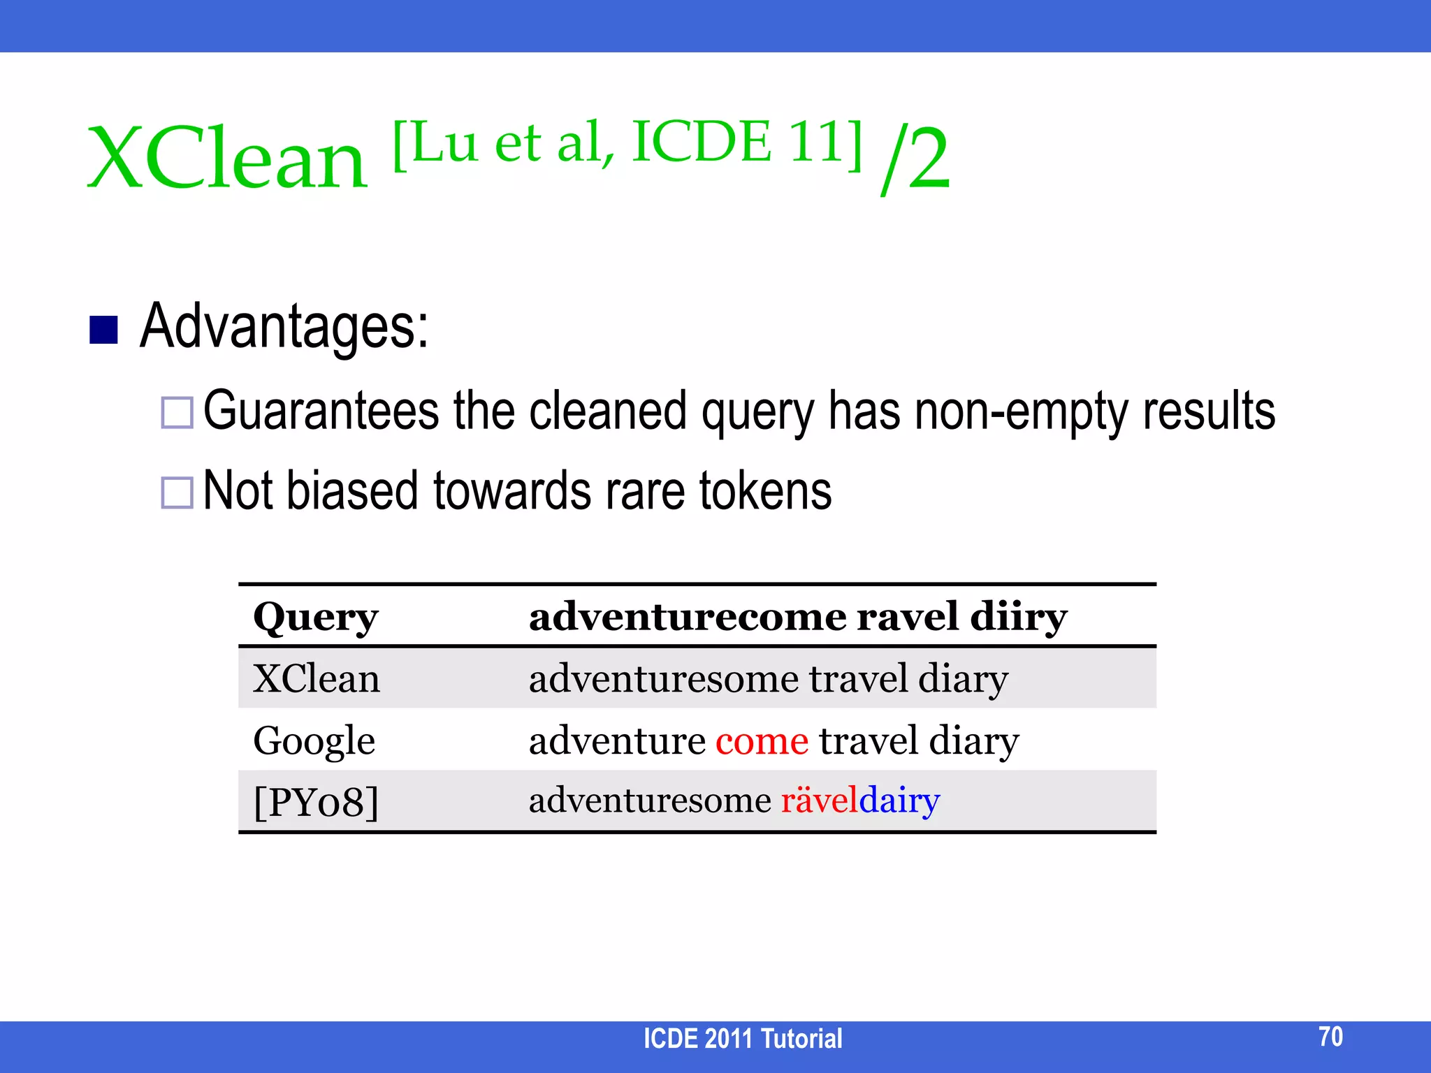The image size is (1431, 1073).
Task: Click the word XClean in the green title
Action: [226, 159]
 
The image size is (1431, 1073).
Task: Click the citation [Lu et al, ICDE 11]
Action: [627, 143]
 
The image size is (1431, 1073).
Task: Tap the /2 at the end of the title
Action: [915, 159]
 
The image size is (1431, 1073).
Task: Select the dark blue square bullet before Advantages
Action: [103, 330]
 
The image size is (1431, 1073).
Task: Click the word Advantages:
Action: [284, 326]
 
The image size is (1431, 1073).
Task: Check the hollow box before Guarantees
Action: [177, 412]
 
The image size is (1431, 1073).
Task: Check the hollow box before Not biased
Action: [177, 492]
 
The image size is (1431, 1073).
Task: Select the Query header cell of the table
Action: [315, 618]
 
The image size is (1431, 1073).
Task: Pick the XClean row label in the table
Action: [317, 678]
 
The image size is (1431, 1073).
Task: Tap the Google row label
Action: [314, 740]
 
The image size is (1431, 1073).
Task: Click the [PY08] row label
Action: [316, 802]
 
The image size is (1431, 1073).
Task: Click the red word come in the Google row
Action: [762, 741]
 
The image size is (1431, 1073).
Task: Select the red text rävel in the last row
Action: [819, 801]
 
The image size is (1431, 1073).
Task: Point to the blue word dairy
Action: [899, 801]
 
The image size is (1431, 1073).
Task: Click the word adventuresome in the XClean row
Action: [663, 679]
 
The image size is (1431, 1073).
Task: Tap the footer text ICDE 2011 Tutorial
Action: [742, 1039]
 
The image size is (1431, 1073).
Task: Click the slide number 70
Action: [1330, 1036]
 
